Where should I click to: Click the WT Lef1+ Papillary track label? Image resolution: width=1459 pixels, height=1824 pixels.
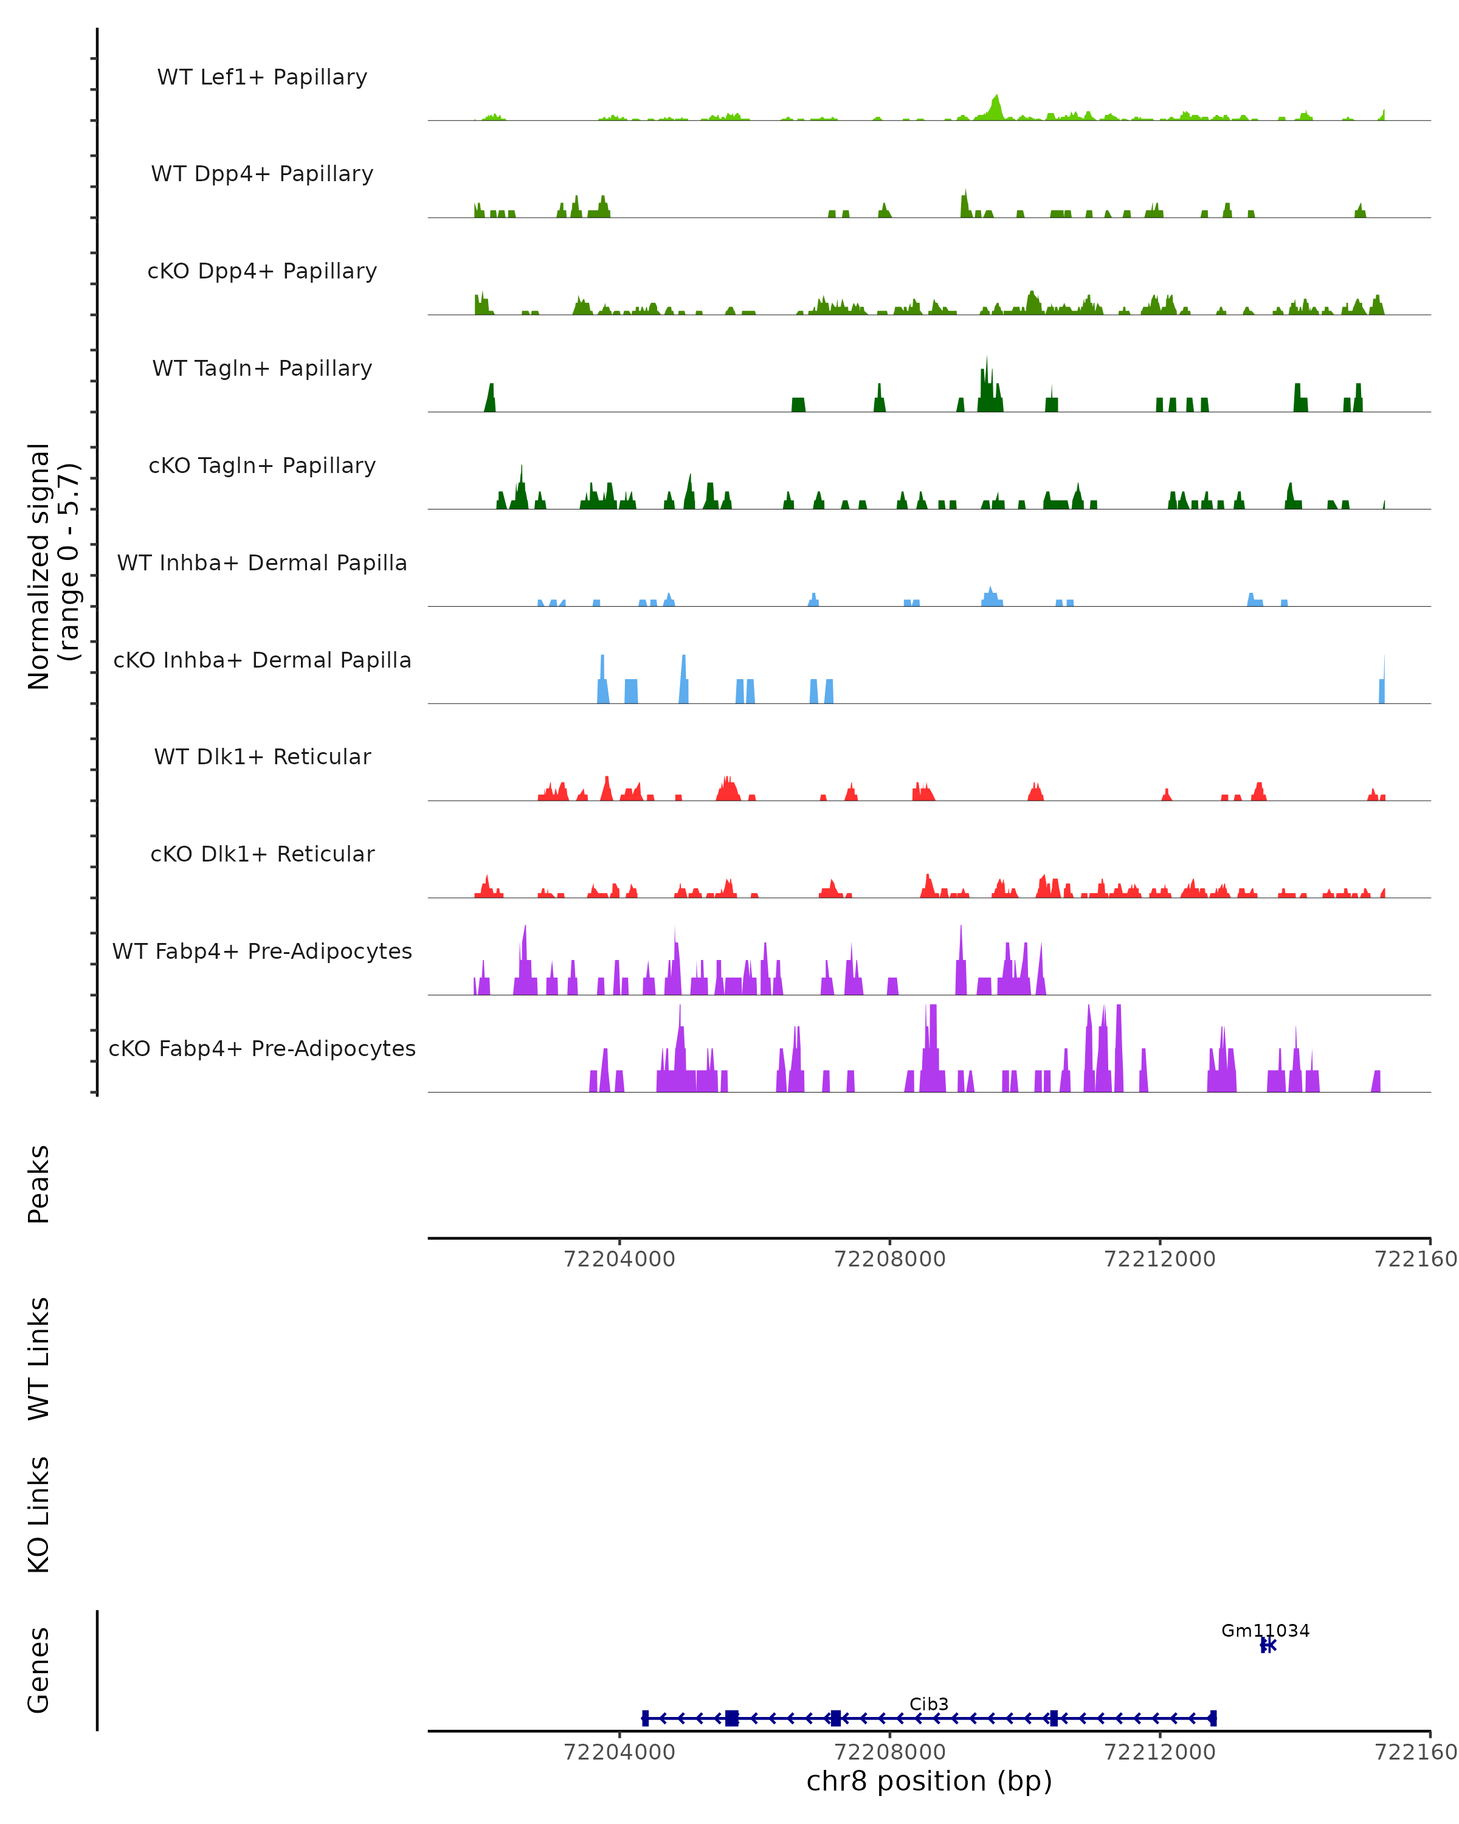tap(262, 77)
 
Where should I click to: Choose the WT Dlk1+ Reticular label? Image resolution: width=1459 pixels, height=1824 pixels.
tap(262, 756)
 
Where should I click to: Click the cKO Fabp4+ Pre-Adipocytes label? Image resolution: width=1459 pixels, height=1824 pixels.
tap(262, 1048)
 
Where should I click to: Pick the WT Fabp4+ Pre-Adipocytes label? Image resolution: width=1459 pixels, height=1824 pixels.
tap(262, 951)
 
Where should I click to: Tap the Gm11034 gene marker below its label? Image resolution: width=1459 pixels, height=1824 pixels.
tap(1267, 1645)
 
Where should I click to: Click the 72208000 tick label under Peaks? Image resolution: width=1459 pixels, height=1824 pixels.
tap(890, 1259)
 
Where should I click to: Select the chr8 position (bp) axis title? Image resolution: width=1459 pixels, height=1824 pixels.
tap(929, 1781)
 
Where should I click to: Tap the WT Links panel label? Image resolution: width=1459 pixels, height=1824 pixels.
tap(39, 1359)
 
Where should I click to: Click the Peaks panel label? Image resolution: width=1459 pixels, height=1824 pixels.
tap(39, 1184)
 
